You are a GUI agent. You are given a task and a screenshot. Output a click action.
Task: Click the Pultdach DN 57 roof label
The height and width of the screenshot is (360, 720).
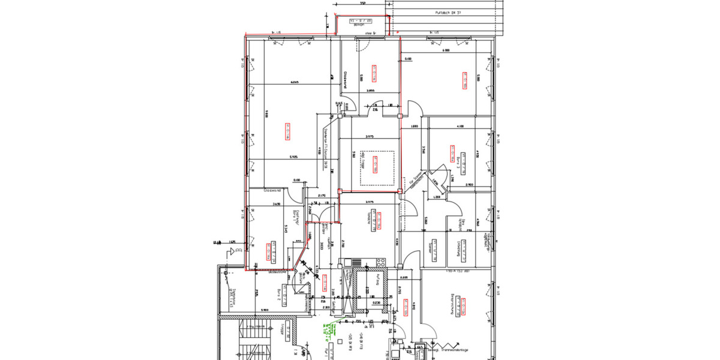[x=448, y=12]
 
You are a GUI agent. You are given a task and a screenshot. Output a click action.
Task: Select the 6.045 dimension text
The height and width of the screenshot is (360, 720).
[x=295, y=82]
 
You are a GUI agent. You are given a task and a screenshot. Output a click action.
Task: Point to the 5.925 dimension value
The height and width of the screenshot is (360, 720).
[x=295, y=157]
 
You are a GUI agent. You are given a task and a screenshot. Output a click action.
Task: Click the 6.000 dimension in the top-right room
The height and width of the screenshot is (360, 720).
[x=446, y=50]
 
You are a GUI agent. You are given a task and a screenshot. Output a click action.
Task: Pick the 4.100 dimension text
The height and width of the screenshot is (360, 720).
[x=460, y=127]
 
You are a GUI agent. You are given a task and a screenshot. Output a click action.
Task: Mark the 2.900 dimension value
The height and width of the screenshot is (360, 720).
[x=470, y=185]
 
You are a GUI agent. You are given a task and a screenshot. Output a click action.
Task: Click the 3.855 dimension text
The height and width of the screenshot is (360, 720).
[x=370, y=91]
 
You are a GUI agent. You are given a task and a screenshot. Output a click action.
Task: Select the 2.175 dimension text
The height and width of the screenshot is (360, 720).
[x=321, y=196]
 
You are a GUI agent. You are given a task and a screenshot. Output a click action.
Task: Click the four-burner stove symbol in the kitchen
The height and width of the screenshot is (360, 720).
[x=380, y=262]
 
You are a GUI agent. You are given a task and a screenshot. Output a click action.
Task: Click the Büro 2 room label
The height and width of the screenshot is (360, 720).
[x=279, y=294]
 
